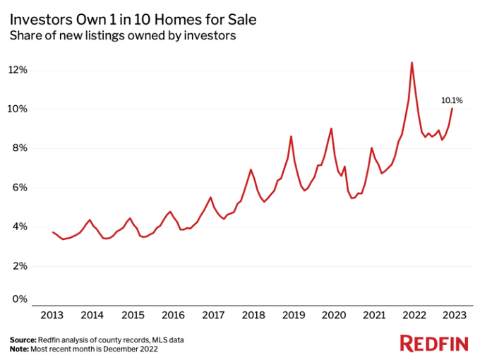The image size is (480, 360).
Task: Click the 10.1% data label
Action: click(452, 100)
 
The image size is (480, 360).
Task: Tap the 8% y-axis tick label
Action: click(19, 148)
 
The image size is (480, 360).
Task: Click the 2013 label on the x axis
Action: click(53, 316)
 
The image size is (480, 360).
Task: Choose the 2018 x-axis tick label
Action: click(254, 316)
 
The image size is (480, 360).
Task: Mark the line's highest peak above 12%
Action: click(412, 63)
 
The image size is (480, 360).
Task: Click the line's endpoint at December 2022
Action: click(452, 108)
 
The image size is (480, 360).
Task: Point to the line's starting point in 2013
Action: click(53, 232)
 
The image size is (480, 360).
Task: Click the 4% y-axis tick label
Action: click(19, 227)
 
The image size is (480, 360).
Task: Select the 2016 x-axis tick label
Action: click(174, 316)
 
